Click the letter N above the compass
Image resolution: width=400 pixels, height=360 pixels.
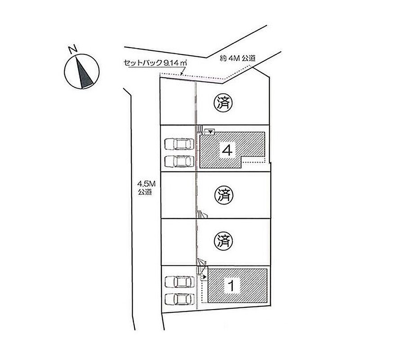(x=73, y=49)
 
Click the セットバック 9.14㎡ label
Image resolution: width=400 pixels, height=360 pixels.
(x=156, y=63)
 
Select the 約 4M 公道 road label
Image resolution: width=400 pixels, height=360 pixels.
(x=237, y=58)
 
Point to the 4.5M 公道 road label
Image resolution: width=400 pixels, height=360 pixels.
(x=146, y=188)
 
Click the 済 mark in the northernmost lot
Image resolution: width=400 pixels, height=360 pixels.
(x=223, y=103)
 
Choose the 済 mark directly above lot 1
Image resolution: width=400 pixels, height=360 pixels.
(x=223, y=241)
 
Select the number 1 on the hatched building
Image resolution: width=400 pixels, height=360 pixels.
(x=231, y=286)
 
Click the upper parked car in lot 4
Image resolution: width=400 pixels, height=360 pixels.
(x=179, y=144)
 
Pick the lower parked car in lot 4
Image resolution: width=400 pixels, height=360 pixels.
(x=179, y=161)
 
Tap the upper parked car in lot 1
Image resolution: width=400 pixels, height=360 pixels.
(x=179, y=282)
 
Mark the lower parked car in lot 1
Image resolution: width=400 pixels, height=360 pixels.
(x=179, y=299)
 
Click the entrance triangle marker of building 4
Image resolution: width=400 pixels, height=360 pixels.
(x=210, y=132)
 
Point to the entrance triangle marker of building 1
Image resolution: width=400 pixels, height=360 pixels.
(x=204, y=276)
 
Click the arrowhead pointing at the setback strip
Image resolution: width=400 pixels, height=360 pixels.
(x=181, y=74)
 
